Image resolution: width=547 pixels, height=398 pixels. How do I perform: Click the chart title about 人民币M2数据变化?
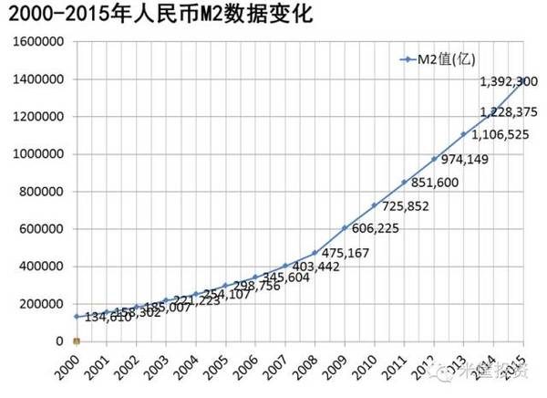[x=164, y=16]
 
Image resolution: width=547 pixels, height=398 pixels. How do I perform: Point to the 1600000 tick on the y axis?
[x=37, y=42]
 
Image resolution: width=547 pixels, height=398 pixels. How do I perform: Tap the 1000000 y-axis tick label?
[x=37, y=154]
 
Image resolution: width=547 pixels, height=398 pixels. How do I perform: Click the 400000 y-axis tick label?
[x=41, y=267]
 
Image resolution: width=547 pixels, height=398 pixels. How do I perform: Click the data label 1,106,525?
[x=500, y=135]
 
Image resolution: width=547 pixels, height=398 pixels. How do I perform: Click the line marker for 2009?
[x=345, y=227]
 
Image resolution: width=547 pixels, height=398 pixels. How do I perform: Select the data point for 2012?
[x=434, y=159]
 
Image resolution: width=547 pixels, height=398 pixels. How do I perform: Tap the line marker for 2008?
[x=315, y=252]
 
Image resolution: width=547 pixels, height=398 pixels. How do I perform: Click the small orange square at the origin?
[x=77, y=341]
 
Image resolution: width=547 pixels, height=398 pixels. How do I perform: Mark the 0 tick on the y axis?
[x=59, y=341]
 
